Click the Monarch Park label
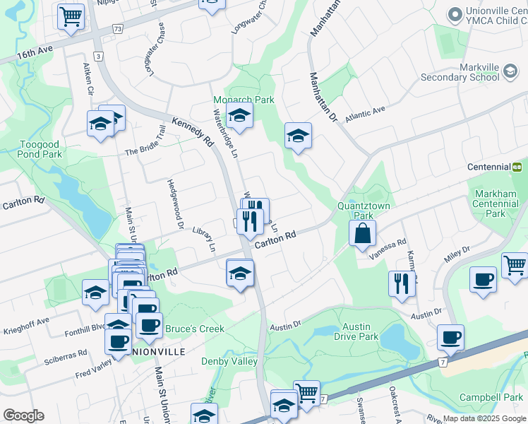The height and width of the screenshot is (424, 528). click(244, 100)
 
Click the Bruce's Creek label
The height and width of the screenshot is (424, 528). click(195, 329)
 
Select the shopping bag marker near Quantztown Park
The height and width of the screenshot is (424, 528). click(362, 233)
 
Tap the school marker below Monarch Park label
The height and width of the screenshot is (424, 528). click(240, 117)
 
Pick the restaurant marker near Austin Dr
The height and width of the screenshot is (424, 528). click(402, 284)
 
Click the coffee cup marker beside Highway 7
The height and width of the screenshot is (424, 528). click(450, 337)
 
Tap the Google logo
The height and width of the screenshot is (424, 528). click(23, 416)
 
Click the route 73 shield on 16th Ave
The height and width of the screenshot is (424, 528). click(117, 29)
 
